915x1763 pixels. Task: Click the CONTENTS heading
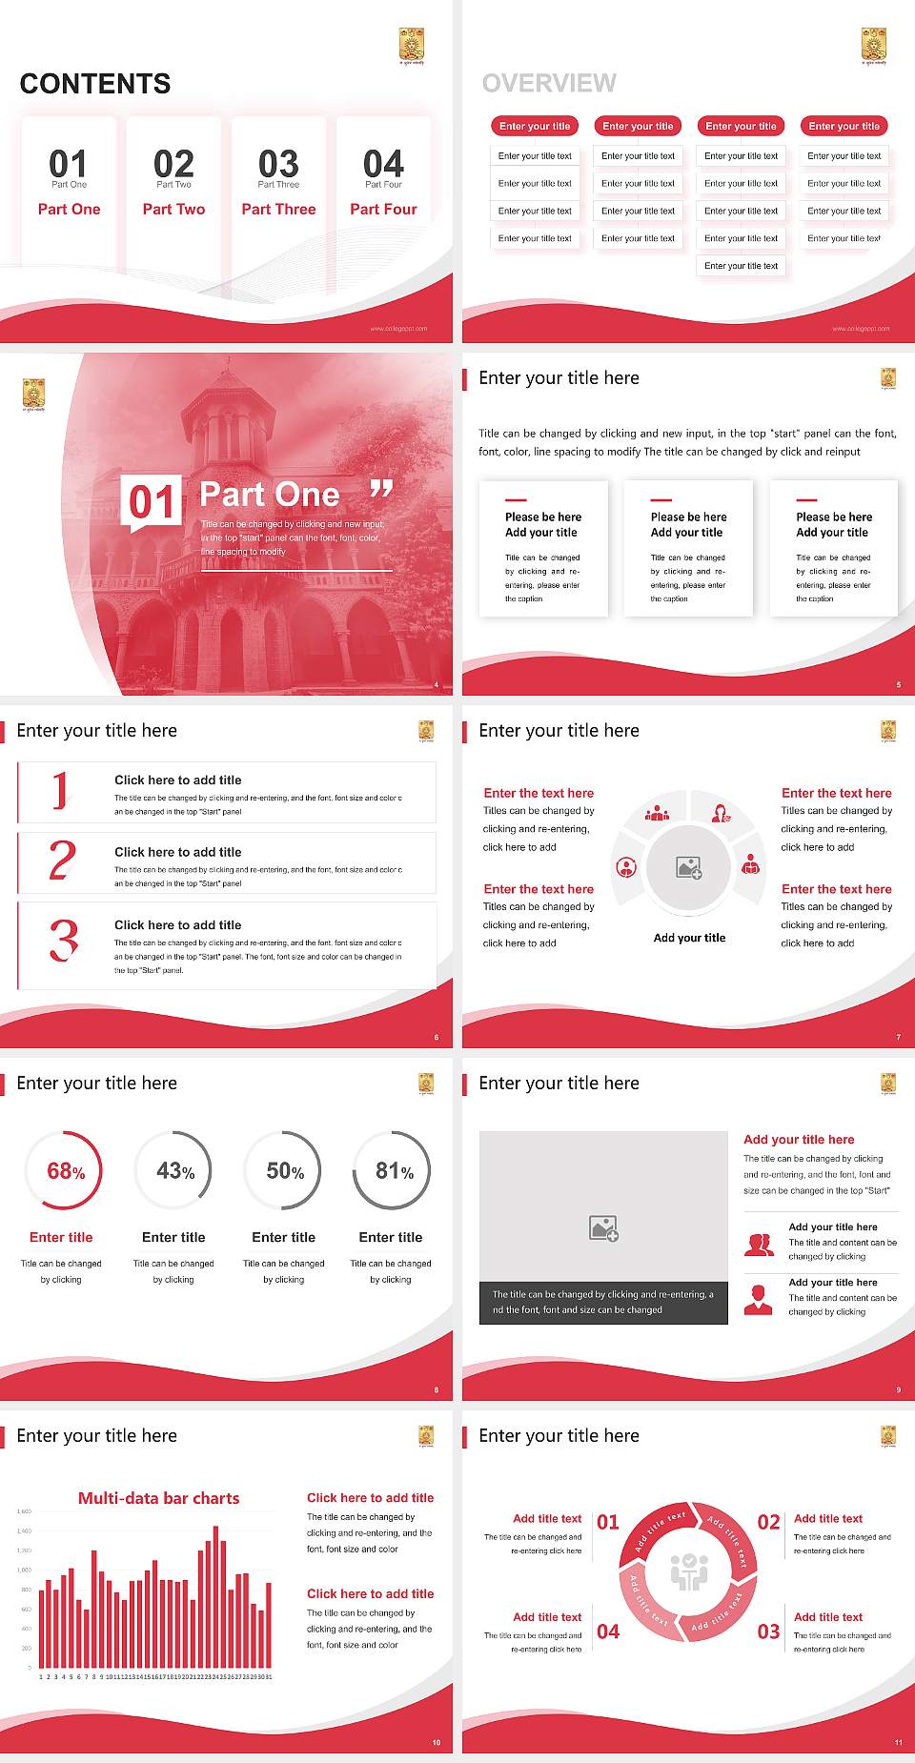[95, 84]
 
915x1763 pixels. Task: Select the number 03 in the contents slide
[278, 164]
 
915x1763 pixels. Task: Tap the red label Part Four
[383, 209]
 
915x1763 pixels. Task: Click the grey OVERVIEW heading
[549, 84]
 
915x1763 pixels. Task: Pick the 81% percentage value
[394, 1170]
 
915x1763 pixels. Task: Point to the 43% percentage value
[174, 1170]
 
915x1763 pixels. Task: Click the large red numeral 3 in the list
[63, 940]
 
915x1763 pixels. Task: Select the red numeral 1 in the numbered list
[61, 791]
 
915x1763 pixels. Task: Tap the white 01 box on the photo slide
[152, 500]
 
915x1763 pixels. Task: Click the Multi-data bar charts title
[158, 1498]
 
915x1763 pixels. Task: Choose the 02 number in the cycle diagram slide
[768, 1522]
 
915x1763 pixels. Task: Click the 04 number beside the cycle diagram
[608, 1631]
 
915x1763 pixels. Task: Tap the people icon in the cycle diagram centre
[689, 1571]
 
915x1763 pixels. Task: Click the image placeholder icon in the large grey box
[603, 1227]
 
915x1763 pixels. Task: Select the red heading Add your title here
[799, 1139]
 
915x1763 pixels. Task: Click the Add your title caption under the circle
[689, 938]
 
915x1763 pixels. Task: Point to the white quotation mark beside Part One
[381, 490]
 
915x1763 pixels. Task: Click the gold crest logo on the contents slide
[411, 44]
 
